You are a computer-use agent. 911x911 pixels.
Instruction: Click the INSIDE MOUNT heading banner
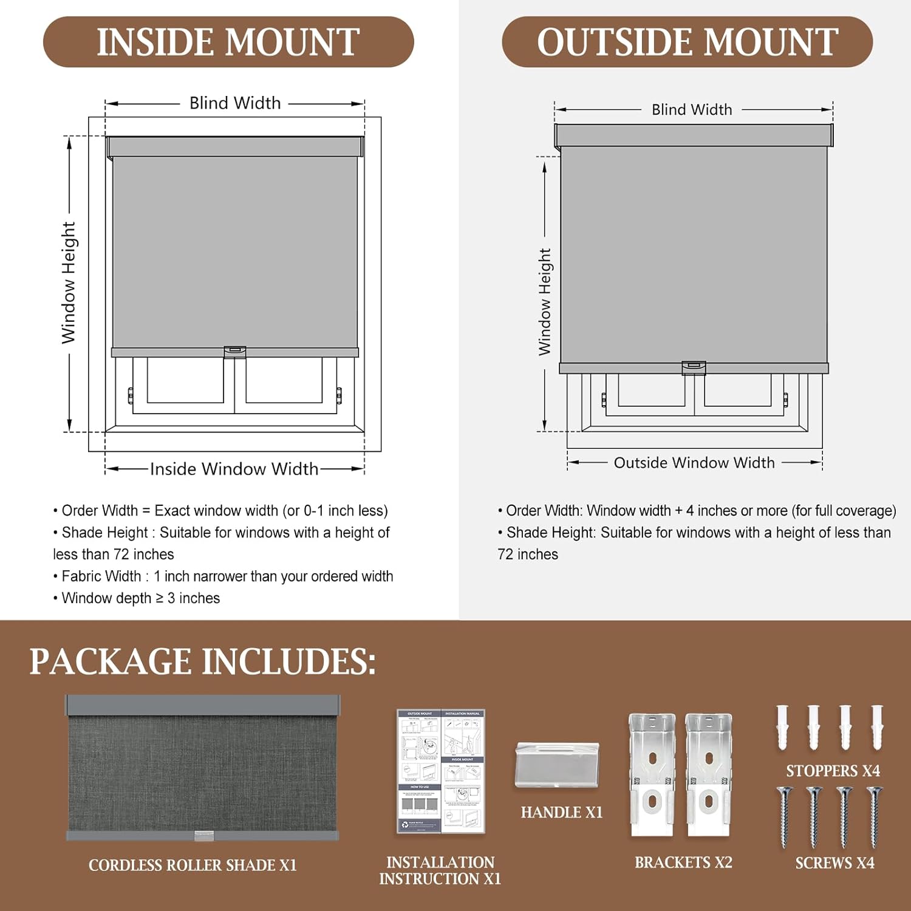[228, 42]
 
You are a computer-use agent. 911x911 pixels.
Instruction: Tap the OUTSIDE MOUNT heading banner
[687, 42]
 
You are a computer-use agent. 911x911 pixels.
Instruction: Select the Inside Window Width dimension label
[234, 469]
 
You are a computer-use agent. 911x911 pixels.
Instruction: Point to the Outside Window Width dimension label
[694, 463]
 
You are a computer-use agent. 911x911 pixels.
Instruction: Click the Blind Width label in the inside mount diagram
[235, 103]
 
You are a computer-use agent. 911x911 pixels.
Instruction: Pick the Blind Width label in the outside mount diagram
[692, 110]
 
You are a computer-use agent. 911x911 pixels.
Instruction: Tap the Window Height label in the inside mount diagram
[69, 282]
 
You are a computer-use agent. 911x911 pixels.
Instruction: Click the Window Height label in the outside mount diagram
[545, 301]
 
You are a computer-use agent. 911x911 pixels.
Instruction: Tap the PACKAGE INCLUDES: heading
[203, 661]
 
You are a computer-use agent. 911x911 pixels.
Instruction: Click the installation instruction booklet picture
[440, 771]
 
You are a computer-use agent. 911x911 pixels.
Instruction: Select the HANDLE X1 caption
[562, 813]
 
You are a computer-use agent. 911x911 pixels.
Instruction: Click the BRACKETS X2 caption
[683, 862]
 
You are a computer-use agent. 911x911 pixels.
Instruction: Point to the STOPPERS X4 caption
[833, 771]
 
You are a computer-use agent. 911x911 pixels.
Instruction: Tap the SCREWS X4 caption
[834, 863]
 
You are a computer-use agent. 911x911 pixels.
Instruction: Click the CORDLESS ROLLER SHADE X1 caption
[193, 865]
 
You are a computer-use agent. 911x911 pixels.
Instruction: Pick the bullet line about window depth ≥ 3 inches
[140, 598]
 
